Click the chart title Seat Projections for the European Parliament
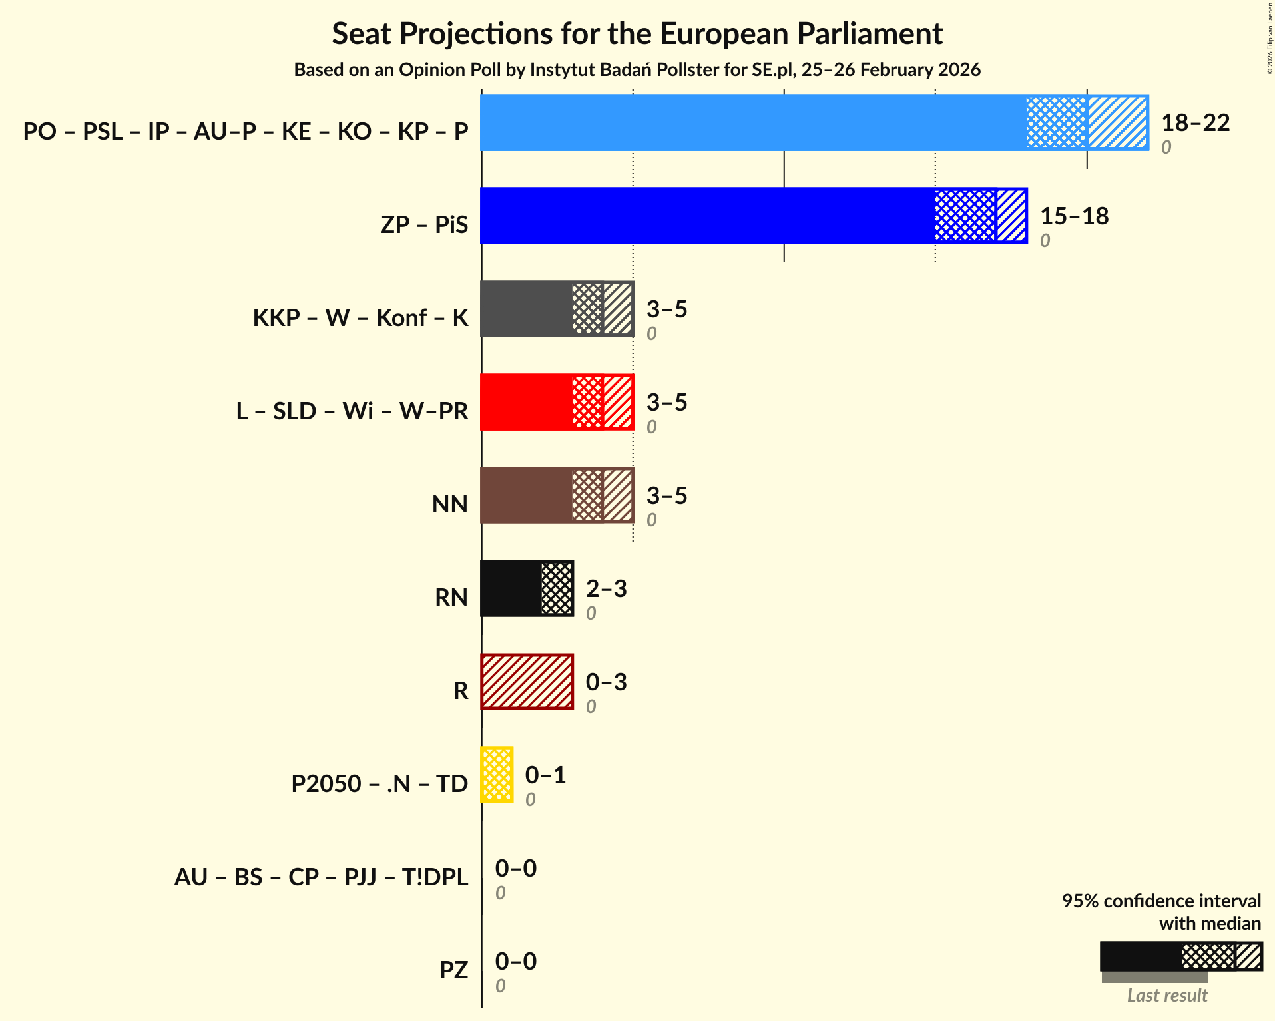click(x=637, y=33)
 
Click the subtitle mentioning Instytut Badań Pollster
click(x=637, y=69)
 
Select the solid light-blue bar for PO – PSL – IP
click(x=752, y=122)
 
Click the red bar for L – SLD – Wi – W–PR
click(x=526, y=402)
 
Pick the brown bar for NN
click(x=526, y=495)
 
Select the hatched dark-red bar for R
click(x=527, y=682)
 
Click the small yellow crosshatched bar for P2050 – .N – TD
click(x=497, y=775)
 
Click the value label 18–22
click(x=1195, y=122)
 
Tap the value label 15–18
click(x=1074, y=216)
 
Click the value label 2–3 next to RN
click(x=606, y=588)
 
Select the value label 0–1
click(x=545, y=775)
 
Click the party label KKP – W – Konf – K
click(x=360, y=317)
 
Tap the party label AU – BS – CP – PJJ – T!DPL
click(x=321, y=877)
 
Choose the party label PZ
click(x=453, y=970)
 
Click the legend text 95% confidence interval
click(x=1161, y=901)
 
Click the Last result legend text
click(x=1167, y=995)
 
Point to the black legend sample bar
click(x=1140, y=956)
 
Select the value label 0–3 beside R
click(x=606, y=682)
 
